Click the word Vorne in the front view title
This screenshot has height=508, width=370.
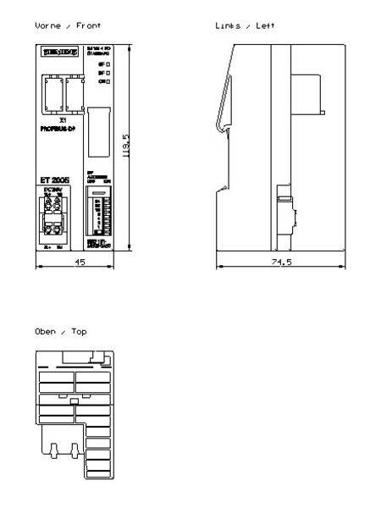click(47, 29)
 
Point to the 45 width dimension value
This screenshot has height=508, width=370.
click(79, 263)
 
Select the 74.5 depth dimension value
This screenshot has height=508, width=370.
click(269, 263)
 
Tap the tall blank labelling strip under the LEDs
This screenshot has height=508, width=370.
click(98, 127)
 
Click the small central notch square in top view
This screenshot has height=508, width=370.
click(75, 400)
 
